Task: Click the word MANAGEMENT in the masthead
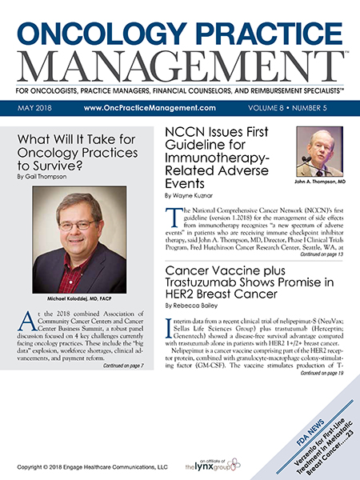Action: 180,64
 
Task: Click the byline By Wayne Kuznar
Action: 192,194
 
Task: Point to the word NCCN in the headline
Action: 191,134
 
